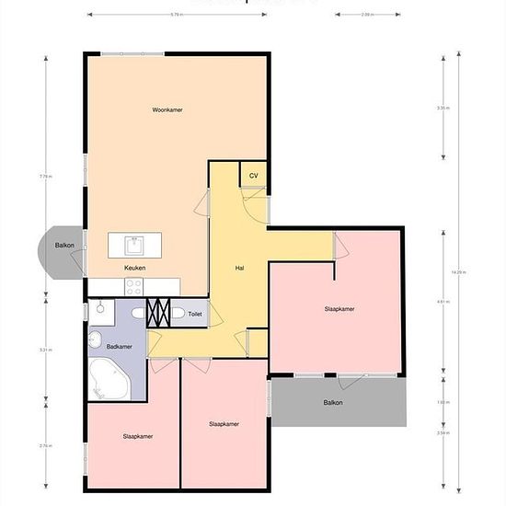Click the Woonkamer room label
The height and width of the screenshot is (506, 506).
pyautogui.click(x=167, y=109)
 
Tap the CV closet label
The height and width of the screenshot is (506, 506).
pyautogui.click(x=253, y=175)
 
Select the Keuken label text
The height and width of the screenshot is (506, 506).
pyautogui.click(x=135, y=268)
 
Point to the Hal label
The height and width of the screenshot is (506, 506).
pyautogui.click(x=239, y=268)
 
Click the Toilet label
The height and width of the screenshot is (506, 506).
pyautogui.click(x=194, y=314)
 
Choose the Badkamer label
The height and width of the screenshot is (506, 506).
pyautogui.click(x=120, y=347)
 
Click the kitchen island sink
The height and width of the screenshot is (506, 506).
pyautogui.click(x=134, y=245)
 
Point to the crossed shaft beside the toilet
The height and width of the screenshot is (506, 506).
pyautogui.click(x=159, y=312)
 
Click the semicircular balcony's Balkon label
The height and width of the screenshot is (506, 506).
pyautogui.click(x=64, y=246)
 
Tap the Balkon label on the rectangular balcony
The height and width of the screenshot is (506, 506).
pyautogui.click(x=333, y=403)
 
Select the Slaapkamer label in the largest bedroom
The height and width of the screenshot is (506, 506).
pyautogui.click(x=339, y=309)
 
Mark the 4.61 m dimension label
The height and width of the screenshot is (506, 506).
pyautogui.click(x=443, y=301)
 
